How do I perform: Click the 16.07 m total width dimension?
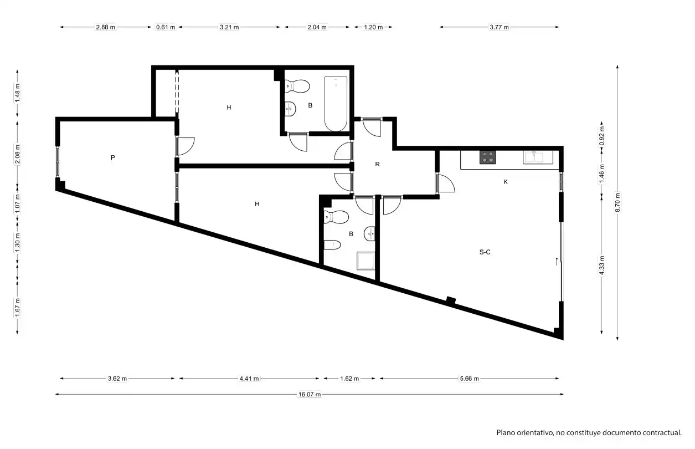pos(310,394)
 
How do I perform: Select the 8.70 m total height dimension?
pos(617,203)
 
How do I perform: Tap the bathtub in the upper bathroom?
pos(336,104)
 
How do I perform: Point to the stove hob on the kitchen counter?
pos(487,157)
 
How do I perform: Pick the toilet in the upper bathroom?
pos(297,86)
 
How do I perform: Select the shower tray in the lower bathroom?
pos(366,261)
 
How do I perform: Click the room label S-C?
pos(485,252)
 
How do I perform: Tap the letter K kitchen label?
pos(506,182)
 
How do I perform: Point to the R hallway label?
pos(377,164)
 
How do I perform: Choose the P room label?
pos(112,158)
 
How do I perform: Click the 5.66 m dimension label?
pos(469,379)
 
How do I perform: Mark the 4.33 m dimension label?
pos(602,265)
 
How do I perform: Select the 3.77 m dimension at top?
pos(499,27)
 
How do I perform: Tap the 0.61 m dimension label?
pos(166,27)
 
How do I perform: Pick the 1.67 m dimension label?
pos(17,308)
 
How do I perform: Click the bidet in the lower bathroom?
pos(332,245)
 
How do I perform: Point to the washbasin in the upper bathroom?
pos(290,109)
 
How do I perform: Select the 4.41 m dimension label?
pos(249,379)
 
